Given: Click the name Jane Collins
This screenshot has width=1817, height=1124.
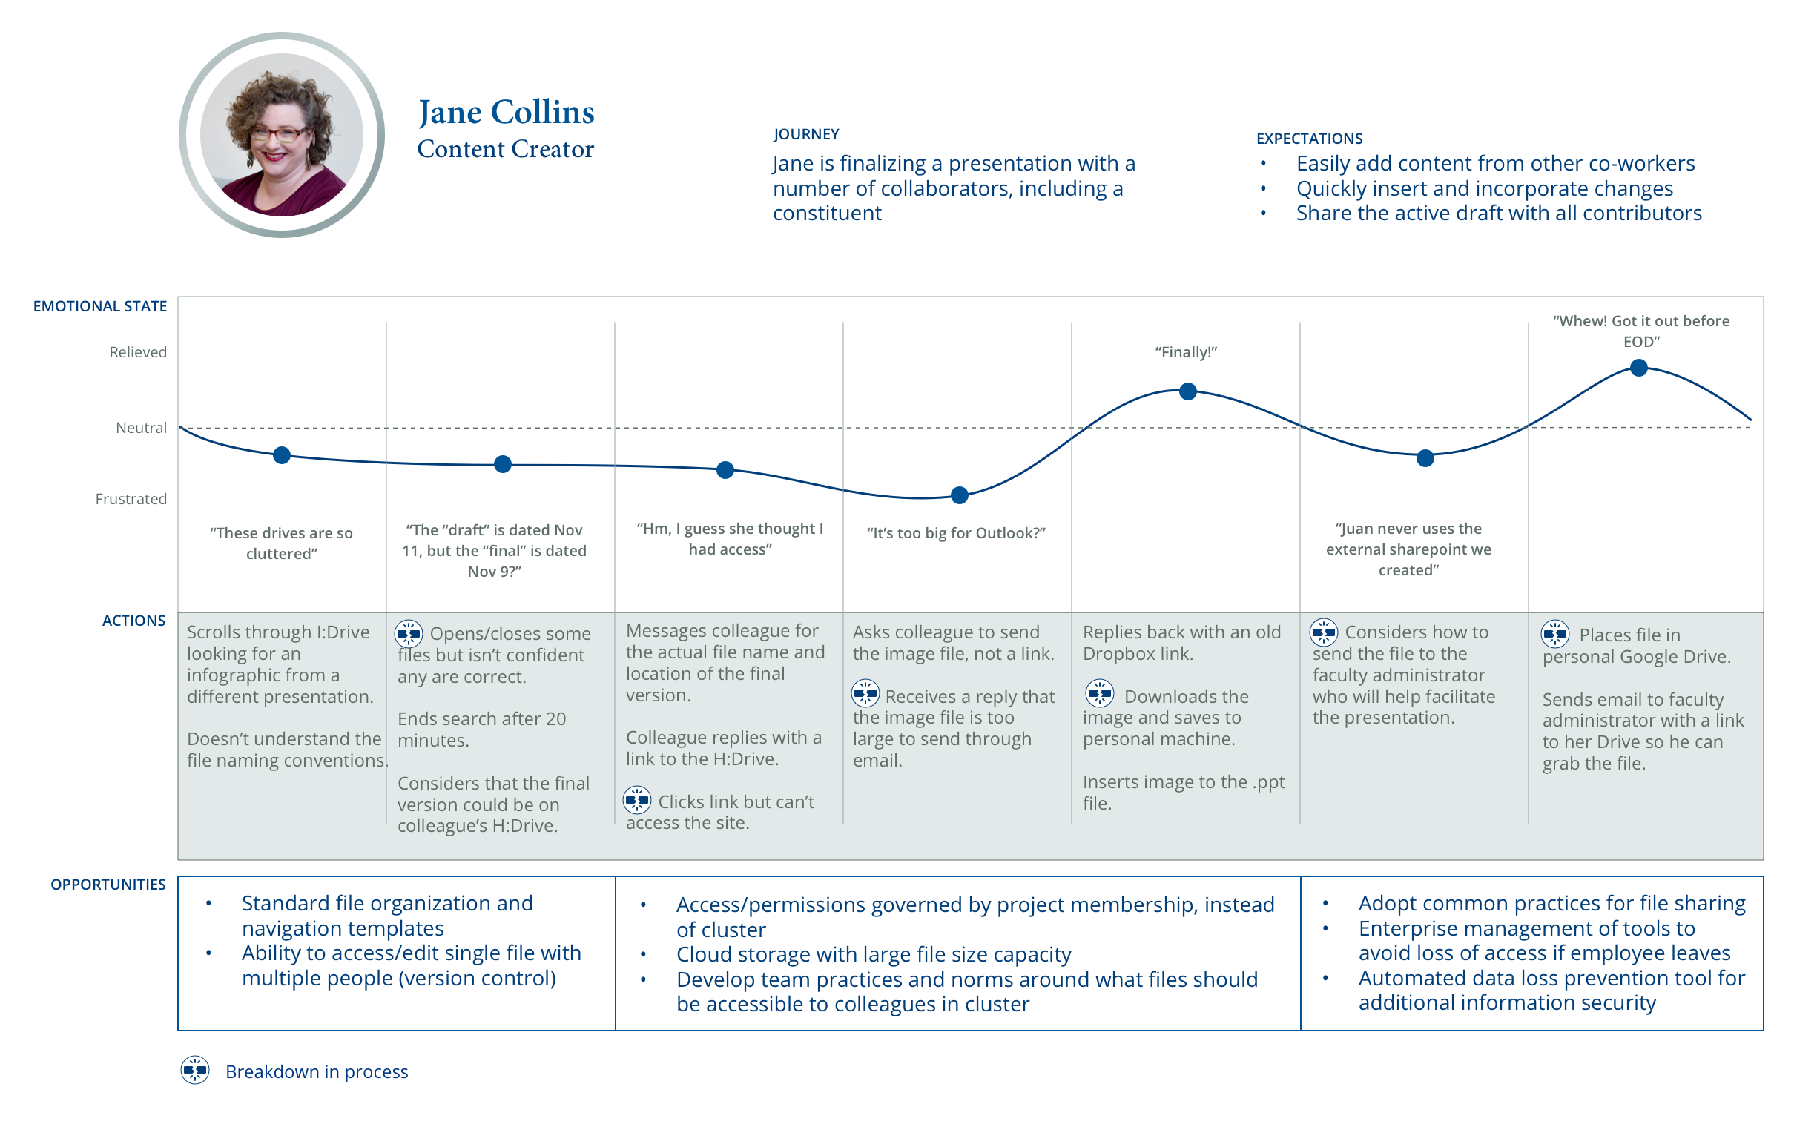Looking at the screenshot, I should click(506, 113).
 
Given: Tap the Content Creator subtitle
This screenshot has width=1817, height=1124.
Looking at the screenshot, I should click(505, 150).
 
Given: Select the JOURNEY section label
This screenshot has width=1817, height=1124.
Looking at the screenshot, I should click(805, 134).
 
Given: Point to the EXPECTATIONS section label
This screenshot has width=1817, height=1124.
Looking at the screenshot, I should click(1308, 139).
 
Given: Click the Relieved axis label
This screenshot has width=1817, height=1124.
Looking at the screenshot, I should click(137, 352).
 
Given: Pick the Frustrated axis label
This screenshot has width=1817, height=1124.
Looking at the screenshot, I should click(131, 499).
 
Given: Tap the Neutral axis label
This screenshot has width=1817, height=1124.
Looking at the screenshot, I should click(141, 429).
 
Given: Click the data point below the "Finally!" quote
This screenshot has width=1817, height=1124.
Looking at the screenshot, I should click(1187, 391).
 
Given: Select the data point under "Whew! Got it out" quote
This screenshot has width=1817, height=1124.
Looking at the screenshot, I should click(1638, 368).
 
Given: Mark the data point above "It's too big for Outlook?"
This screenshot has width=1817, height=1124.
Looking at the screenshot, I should click(959, 495).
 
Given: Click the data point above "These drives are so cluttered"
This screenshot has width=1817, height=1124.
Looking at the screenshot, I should click(281, 456).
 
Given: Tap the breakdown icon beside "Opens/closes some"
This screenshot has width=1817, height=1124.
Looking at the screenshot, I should click(408, 634).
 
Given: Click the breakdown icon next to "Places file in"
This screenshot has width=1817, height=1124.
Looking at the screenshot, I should click(1554, 634).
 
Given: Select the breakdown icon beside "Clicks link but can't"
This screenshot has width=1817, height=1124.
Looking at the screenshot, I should click(636, 801).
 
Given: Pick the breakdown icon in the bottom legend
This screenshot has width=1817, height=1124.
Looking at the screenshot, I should click(195, 1071).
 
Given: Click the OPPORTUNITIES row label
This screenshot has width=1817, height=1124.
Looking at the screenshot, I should click(108, 885).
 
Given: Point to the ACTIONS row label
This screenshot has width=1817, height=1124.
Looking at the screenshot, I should click(133, 621).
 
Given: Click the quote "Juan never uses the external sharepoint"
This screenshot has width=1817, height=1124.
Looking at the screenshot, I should click(1408, 549).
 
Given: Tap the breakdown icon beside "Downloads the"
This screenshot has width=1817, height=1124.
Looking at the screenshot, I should click(1099, 694).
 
